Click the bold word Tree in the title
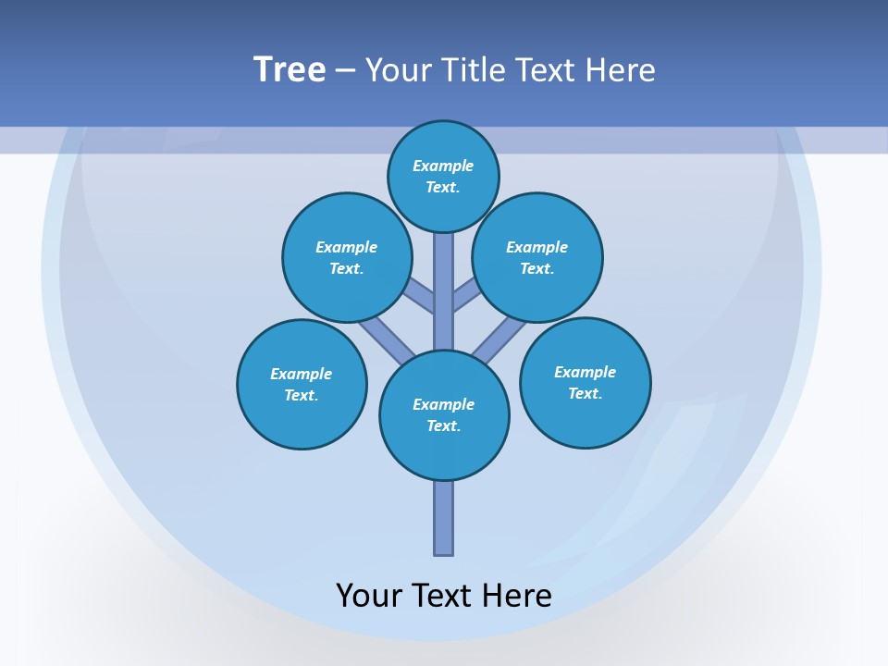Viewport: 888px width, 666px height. (290, 69)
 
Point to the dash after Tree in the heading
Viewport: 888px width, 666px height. (344, 71)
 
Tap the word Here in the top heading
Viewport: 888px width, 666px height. (622, 69)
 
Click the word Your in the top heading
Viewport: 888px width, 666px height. (398, 69)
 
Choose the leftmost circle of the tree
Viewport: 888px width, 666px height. (302, 384)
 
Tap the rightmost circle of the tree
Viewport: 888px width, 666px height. (586, 383)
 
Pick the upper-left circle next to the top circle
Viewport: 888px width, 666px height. (347, 257)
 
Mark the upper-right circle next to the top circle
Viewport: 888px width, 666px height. (537, 257)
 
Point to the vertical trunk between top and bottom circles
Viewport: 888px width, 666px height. (444, 291)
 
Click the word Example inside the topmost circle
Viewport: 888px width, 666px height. (443, 166)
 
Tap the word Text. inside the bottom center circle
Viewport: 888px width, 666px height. (444, 425)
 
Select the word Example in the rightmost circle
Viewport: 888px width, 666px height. (585, 372)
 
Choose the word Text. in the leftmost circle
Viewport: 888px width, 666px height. (302, 395)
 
